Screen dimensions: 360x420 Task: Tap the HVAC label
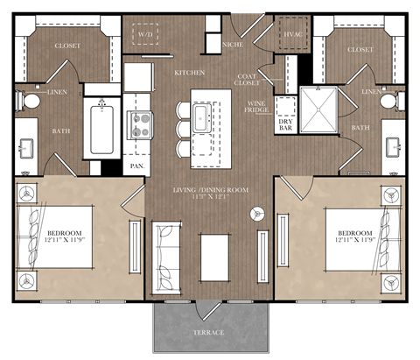click(x=292, y=35)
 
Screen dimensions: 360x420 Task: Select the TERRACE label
click(x=208, y=333)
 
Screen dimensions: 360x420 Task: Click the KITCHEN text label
click(x=190, y=72)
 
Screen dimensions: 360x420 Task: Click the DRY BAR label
click(x=286, y=124)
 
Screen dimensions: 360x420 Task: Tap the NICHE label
click(x=233, y=41)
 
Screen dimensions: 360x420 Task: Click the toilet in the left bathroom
click(x=31, y=101)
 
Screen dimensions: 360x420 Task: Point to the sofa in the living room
click(x=165, y=250)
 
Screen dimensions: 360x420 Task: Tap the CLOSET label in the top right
click(x=360, y=50)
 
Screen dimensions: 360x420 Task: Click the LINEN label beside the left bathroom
click(x=57, y=91)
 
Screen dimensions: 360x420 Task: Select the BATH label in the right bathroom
click(x=360, y=128)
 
